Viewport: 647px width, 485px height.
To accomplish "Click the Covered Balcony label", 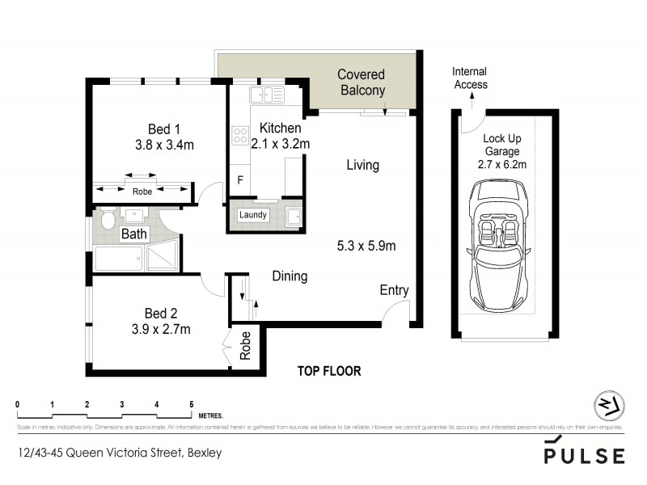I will [x=362, y=82].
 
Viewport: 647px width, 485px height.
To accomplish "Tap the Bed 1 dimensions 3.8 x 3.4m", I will [x=164, y=145].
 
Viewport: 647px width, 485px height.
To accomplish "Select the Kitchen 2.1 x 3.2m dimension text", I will [x=281, y=144].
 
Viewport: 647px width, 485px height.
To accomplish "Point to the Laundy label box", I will [x=253, y=215].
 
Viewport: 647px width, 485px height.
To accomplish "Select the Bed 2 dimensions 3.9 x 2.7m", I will [x=160, y=329].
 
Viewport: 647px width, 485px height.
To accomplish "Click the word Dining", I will [x=290, y=276].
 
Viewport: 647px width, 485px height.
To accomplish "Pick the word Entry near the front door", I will [x=394, y=291].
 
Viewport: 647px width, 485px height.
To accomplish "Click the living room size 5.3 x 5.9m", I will [x=370, y=245].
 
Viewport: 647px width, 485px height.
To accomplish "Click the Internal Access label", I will [x=470, y=78].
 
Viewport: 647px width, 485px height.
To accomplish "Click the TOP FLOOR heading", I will [x=328, y=371].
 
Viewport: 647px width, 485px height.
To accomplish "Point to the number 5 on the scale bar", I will [x=192, y=403].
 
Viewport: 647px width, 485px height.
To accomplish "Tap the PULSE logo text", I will [x=584, y=455].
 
